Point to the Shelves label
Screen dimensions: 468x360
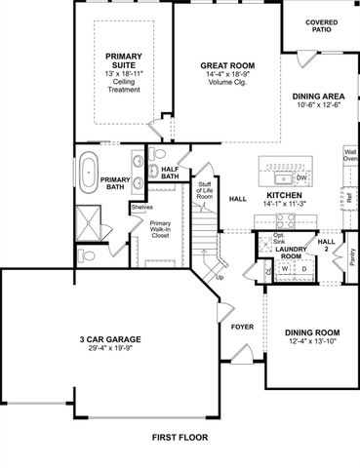pyautogui.click(x=141, y=206)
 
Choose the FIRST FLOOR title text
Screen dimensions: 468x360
pyautogui.click(x=180, y=438)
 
